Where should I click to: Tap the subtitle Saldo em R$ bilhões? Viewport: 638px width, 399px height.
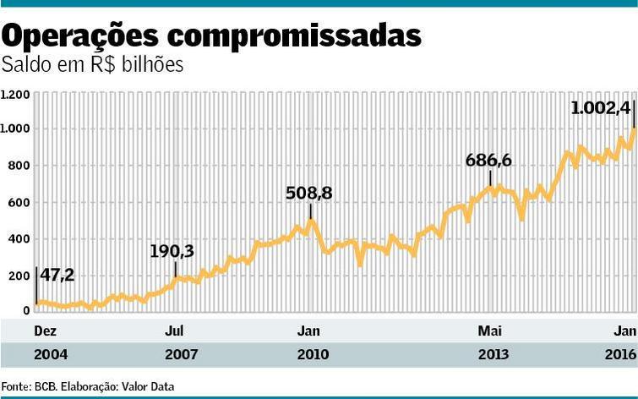(x=93, y=64)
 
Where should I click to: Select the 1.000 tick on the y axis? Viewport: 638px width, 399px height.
(x=16, y=129)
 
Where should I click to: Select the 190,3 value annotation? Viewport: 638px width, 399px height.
(x=172, y=252)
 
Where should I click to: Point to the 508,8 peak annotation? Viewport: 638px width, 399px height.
(x=309, y=194)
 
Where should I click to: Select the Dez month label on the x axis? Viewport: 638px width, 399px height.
(x=44, y=330)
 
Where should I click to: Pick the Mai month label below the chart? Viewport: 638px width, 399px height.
(x=490, y=330)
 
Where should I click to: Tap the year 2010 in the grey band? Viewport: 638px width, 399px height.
(x=313, y=355)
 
